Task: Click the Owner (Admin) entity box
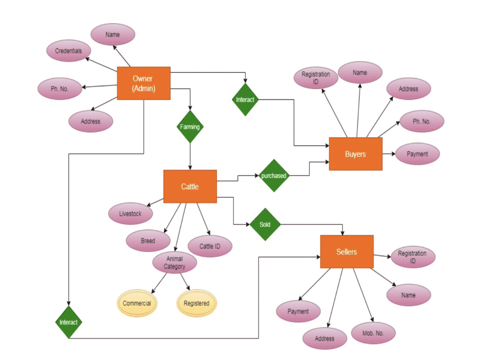[144, 83]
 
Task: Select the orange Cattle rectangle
[190, 186]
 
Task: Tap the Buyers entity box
[356, 154]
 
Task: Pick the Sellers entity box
[346, 251]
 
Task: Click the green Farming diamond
[190, 127]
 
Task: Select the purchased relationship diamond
[273, 175]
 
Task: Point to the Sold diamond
[265, 224]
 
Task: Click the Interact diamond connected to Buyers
[245, 99]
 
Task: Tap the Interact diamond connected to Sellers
[68, 322]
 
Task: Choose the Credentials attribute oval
[68, 51]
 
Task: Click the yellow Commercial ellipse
[137, 303]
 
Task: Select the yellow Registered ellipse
[196, 303]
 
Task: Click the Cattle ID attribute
[210, 246]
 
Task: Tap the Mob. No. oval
[374, 333]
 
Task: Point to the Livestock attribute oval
[130, 214]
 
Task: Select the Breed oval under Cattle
[148, 241]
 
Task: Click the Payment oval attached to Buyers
[417, 154]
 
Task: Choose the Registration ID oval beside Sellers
[412, 257]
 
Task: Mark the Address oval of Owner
[90, 121]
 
